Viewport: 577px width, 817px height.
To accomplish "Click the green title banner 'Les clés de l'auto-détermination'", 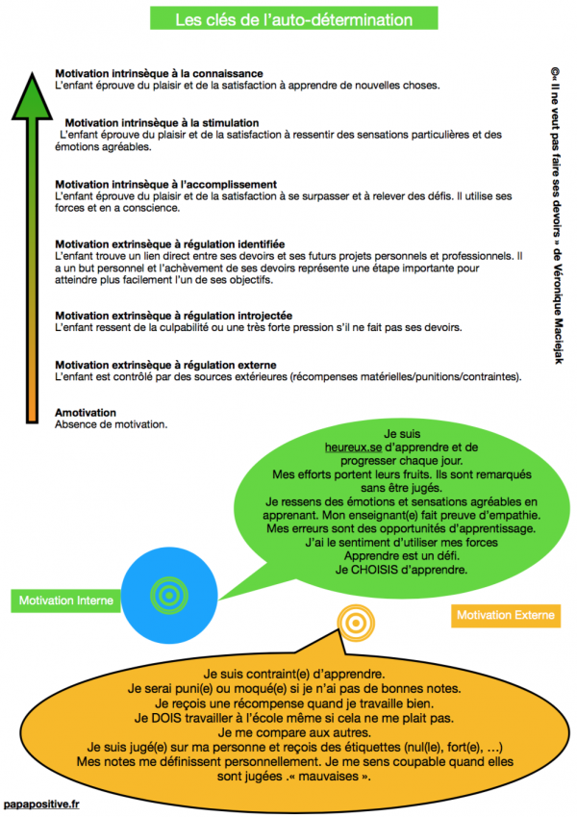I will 288,19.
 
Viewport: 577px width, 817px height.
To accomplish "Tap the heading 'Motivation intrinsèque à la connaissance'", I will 159,73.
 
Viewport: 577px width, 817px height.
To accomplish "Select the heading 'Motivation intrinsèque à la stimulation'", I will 161,122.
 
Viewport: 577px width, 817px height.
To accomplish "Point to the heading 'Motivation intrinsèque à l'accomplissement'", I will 166,184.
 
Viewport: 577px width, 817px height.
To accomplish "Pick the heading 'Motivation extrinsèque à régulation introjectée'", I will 173,316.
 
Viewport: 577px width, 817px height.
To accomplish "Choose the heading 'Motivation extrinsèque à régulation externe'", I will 166,366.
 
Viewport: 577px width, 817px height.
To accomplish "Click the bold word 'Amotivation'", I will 86,413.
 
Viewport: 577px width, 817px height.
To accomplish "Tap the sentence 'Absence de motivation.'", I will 112,424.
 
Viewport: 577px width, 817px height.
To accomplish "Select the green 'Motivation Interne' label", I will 65,600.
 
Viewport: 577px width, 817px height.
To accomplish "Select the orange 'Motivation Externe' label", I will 508,615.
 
